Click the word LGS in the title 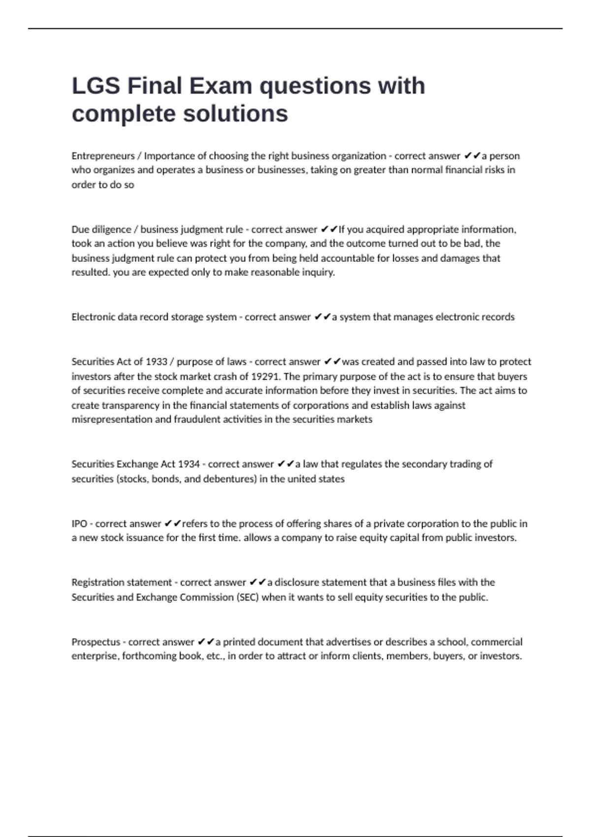pyautogui.click(x=96, y=86)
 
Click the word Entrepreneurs pyautogui.click(x=102, y=156)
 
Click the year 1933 pyautogui.click(x=157, y=362)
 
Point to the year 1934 pyautogui.click(x=189, y=464)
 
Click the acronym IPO pyautogui.click(x=79, y=524)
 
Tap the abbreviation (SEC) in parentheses pyautogui.click(x=248, y=597)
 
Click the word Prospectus pyautogui.click(x=96, y=642)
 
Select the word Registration pyautogui.click(x=97, y=582)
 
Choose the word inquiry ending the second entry pyautogui.click(x=318, y=272)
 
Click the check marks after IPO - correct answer pyautogui.click(x=172, y=524)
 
